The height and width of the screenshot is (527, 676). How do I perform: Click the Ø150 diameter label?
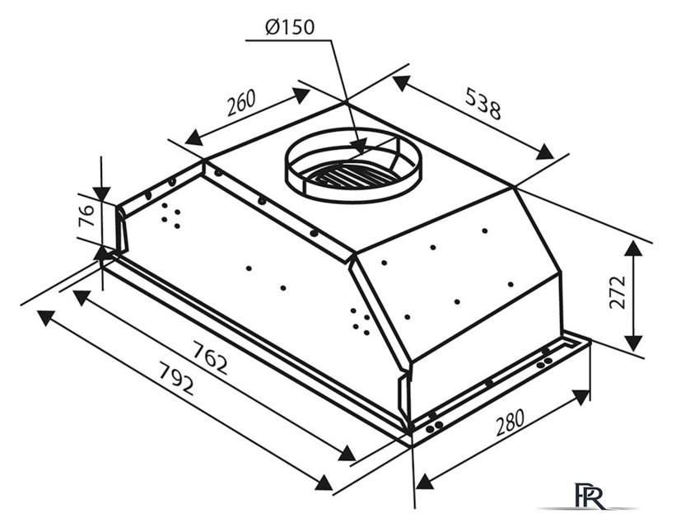tap(290, 27)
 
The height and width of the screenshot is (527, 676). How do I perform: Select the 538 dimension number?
tap(483, 104)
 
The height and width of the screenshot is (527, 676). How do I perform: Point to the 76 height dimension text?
tap(86, 216)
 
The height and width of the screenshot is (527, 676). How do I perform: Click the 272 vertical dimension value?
tap(618, 291)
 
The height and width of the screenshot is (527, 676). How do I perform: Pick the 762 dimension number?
tap(209, 358)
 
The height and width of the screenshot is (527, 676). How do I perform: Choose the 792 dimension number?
tap(176, 379)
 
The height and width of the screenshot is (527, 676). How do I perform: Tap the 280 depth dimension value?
tap(510, 422)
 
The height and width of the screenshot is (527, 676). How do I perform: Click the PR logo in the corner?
tap(589, 496)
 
